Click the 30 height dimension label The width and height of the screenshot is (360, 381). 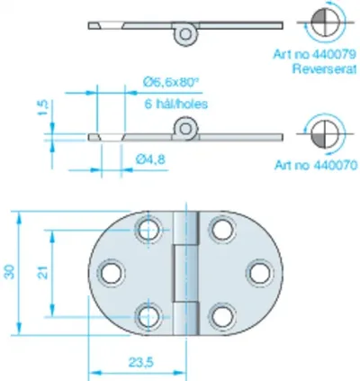[11, 272]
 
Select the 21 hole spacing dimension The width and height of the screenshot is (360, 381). [44, 273]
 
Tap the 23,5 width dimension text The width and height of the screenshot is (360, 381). [141, 363]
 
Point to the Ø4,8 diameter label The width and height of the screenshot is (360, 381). [150, 159]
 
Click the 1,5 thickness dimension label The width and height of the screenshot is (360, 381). [43, 108]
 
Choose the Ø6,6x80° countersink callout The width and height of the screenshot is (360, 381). [172, 82]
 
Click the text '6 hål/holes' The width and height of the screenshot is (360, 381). [176, 104]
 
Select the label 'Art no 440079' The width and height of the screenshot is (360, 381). [315, 54]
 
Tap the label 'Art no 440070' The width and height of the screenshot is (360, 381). [316, 165]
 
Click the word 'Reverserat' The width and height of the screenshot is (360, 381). [325, 69]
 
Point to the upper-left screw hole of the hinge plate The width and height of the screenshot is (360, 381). [148, 230]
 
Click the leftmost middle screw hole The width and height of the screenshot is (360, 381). [112, 273]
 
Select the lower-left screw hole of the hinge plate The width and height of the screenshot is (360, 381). [148, 317]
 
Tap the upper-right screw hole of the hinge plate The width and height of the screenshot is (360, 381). [222, 230]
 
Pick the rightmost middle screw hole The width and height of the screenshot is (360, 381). [260, 273]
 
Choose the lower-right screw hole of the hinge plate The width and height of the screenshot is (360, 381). [222, 317]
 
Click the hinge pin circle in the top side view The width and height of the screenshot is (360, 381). [185, 34]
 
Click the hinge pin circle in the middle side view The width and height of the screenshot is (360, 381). [185, 129]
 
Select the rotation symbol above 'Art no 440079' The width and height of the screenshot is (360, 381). [325, 22]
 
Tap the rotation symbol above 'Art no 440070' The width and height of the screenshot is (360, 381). [325, 133]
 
